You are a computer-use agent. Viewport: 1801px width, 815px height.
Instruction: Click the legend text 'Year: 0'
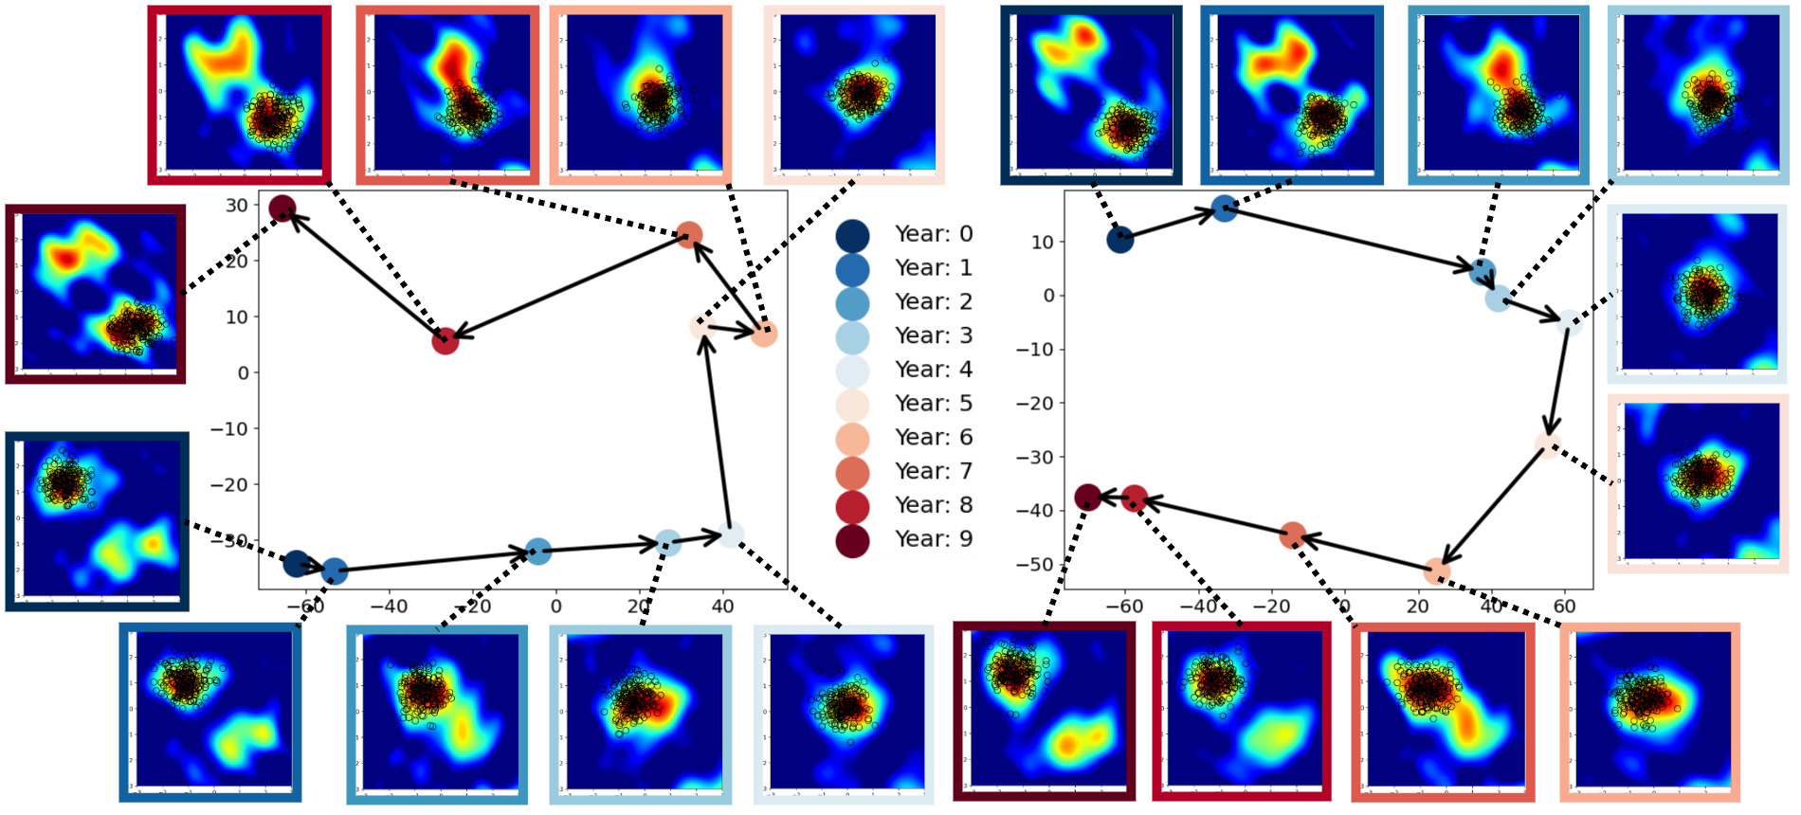point(934,234)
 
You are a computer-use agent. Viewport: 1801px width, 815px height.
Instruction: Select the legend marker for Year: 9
point(852,540)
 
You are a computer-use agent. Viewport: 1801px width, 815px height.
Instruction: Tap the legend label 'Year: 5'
point(934,404)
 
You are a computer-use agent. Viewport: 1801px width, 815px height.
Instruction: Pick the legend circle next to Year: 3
point(852,337)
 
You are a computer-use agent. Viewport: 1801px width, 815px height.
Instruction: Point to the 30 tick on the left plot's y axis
point(237,206)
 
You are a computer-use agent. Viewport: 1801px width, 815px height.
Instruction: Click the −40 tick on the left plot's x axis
point(389,607)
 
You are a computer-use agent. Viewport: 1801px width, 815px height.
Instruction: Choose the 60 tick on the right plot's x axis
point(1565,607)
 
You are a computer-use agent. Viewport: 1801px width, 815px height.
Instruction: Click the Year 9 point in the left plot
point(282,208)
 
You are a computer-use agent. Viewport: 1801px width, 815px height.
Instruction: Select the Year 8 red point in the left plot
point(446,340)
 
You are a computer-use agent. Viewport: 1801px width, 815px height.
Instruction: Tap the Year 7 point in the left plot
point(689,235)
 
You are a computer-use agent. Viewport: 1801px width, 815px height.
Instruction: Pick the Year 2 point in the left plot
point(537,551)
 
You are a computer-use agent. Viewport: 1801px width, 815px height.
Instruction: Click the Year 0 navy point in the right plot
point(1119,239)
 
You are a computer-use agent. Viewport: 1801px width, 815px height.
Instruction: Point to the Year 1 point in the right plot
point(1224,208)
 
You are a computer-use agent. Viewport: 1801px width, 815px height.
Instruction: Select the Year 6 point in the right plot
point(1437,570)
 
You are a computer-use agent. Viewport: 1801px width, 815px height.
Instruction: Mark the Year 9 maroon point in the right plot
point(1087,497)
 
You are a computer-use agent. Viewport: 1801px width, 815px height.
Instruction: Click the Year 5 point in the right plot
point(1547,444)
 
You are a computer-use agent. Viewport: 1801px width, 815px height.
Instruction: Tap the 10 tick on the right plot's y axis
point(1043,243)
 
